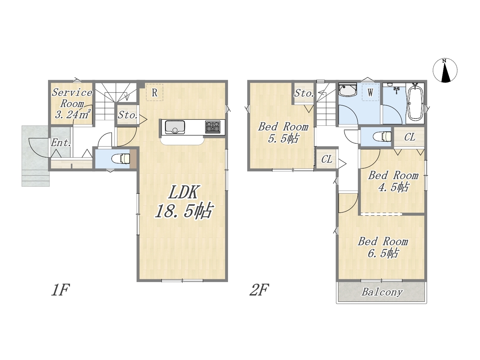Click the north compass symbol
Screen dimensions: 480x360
coord(445,70)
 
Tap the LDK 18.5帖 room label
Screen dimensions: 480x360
coord(183,201)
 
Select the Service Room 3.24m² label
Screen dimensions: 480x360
coord(72,103)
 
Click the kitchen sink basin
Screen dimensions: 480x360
coord(175,127)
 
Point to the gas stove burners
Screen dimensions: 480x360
coord(213,127)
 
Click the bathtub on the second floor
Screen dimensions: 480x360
coord(415,103)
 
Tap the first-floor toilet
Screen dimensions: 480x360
coord(121,159)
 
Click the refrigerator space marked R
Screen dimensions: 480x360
coord(154,93)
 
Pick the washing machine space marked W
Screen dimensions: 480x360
coord(370,92)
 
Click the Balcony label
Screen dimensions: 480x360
coord(382,292)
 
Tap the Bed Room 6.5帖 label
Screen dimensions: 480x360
coord(383,247)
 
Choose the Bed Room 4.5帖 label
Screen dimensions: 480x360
coord(393,181)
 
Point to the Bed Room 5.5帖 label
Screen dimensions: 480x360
coord(283,133)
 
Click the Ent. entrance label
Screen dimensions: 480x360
coord(61,143)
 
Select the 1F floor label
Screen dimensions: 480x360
coord(60,290)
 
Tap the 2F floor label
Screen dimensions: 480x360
coord(259,290)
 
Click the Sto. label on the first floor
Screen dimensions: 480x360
coord(128,115)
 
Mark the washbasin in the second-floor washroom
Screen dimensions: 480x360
coord(348,90)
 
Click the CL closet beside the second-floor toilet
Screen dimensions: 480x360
coord(409,137)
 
